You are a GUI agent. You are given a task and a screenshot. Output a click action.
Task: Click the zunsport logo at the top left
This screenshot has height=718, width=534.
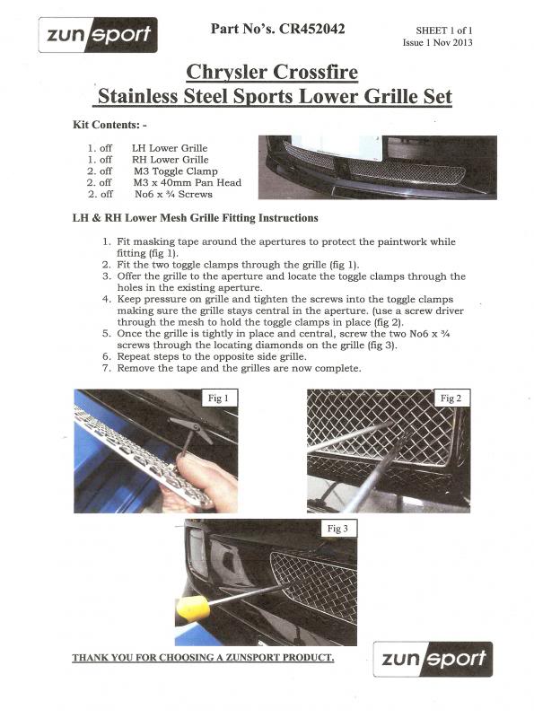click(x=98, y=35)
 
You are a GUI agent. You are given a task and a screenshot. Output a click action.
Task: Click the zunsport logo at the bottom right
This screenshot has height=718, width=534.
click(x=433, y=659)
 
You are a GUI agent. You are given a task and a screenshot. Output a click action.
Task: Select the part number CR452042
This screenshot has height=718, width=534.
click(x=312, y=30)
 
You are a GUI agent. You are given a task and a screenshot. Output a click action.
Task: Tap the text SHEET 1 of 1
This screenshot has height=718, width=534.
click(x=443, y=31)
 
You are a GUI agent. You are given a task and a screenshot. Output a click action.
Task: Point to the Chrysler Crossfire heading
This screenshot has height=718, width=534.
click(x=272, y=73)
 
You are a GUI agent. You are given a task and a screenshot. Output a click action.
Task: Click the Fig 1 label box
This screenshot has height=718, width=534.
click(x=218, y=398)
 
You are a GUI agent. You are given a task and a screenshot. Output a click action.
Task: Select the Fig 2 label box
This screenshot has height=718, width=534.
click(x=451, y=398)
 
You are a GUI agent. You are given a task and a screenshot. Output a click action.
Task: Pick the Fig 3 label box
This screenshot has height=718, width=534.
click(x=338, y=528)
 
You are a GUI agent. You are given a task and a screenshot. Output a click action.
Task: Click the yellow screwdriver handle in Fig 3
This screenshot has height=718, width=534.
click(x=192, y=609)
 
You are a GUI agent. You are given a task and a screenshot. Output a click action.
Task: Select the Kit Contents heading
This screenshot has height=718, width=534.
click(x=109, y=125)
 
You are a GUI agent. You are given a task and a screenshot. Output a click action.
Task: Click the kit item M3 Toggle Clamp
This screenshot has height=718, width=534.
click(x=176, y=171)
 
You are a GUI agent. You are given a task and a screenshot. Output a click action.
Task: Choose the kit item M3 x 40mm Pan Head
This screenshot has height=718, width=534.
click(x=188, y=183)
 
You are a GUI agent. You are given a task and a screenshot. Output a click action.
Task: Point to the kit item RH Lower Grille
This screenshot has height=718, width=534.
click(x=171, y=160)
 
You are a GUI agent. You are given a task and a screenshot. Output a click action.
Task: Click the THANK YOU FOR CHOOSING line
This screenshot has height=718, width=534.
click(x=203, y=658)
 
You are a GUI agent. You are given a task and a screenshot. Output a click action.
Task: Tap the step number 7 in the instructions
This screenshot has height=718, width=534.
click(x=107, y=368)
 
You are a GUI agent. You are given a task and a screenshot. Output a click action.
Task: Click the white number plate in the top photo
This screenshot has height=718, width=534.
click(x=337, y=148)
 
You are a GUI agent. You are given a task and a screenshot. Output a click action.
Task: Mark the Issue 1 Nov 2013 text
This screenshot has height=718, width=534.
click(x=438, y=42)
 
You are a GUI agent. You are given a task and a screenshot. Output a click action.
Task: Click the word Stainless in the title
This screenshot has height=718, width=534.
click(x=137, y=96)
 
